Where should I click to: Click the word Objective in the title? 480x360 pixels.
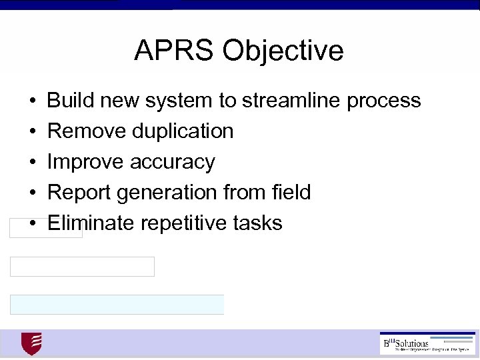click(283, 51)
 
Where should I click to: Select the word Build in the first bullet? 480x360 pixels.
click(70, 101)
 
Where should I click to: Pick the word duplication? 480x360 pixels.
click(182, 131)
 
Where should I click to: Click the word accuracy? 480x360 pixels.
click(173, 162)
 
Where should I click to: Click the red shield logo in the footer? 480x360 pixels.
click(31, 344)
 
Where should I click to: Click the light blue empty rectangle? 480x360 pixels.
click(117, 305)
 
